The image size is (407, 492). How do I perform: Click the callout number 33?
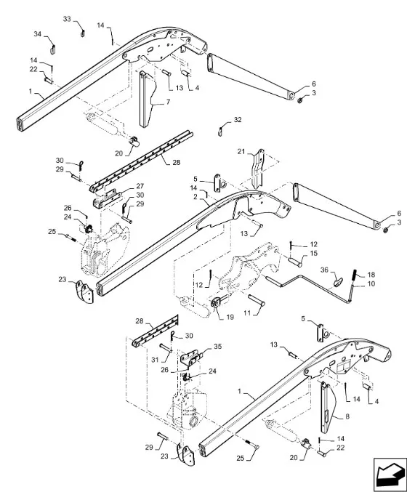pos(67,19)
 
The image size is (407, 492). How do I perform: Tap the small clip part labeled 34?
pos(53,49)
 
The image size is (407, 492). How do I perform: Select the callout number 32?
pos(238,120)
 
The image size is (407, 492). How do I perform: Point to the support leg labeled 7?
pos(147,98)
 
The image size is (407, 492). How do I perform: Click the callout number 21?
pos(241,152)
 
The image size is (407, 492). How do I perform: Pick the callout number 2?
pos(196,197)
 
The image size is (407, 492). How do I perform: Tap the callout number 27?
pos(140,186)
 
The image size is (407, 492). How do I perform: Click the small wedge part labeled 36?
pos(338,283)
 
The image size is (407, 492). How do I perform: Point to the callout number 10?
pos(371,284)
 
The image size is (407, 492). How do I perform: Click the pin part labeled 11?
pos(257,300)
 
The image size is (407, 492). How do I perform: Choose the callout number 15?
pos(313,253)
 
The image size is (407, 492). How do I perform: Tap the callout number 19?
pos(230,317)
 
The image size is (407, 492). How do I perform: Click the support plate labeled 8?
pos(327,408)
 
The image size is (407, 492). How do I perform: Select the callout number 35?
pos(217,347)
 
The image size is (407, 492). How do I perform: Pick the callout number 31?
pos(155,360)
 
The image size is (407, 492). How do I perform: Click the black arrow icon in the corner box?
pos(390,474)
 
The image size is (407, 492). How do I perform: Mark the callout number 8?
pos(347,416)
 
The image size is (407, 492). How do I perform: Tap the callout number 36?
pos(324,270)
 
